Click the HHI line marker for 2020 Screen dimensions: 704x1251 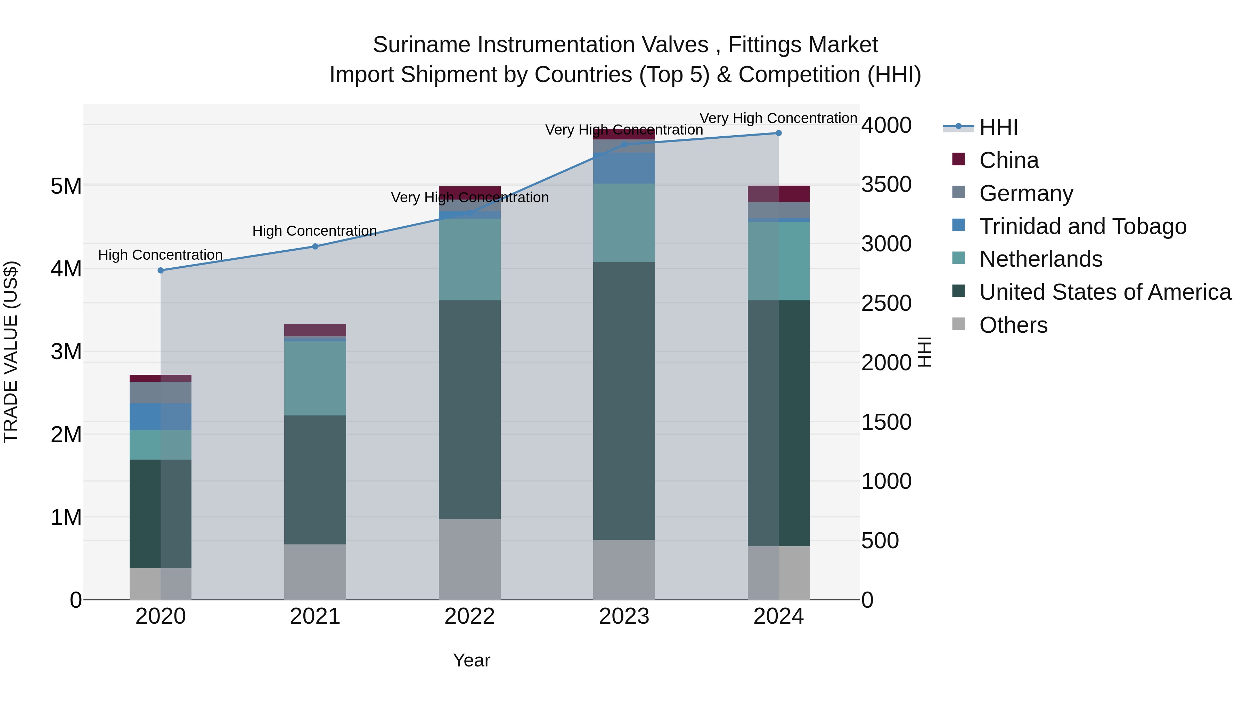[161, 270]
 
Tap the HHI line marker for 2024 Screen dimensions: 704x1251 [778, 133]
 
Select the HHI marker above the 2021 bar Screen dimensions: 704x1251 [315, 246]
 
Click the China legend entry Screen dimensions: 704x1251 [1009, 160]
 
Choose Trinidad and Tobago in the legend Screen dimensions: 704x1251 [1082, 226]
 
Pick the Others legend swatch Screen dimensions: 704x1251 [959, 324]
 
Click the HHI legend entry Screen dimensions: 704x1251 [998, 127]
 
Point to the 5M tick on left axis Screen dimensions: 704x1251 [66, 186]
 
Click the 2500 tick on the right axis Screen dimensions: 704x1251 [886, 304]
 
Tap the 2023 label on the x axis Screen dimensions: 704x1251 [624, 616]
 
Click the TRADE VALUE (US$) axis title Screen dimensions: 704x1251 [11, 352]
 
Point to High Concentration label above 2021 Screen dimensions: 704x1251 [315, 231]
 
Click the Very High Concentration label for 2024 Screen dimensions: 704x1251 [778, 119]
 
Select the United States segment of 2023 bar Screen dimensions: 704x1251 [624, 401]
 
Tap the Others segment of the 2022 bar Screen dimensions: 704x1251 [469, 559]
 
